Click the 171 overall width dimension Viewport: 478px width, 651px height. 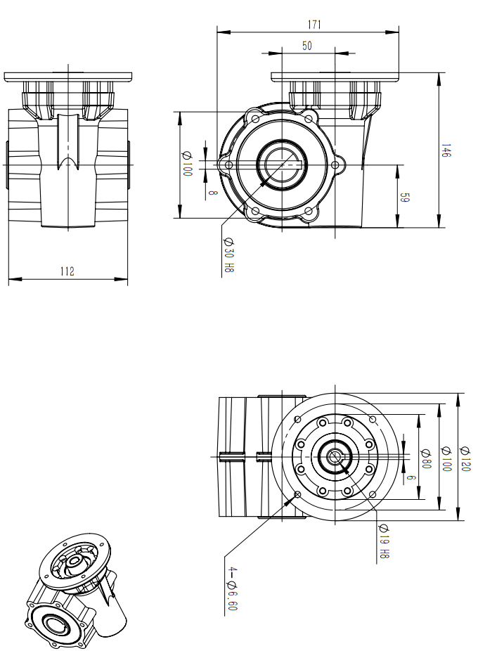pyautogui.click(x=314, y=25)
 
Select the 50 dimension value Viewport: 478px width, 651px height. pyautogui.click(x=307, y=46)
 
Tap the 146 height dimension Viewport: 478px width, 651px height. pyautogui.click(x=446, y=150)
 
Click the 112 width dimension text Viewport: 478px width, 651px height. pyautogui.click(x=67, y=271)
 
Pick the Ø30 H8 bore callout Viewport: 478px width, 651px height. pyautogui.click(x=228, y=254)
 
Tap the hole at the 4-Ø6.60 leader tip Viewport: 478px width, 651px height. pyautogui.click(x=299, y=495)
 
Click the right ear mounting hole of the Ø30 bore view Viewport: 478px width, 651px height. pyautogui.click(x=335, y=166)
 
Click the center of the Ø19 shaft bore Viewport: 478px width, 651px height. pyautogui.click(x=335, y=457)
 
